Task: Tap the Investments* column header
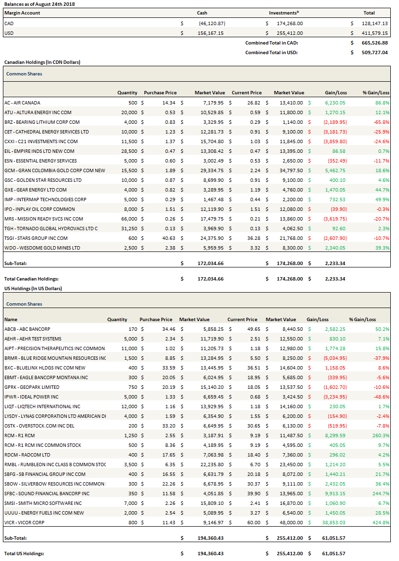point(284,13)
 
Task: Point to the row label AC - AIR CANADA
point(22,103)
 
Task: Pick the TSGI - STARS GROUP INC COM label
point(36,238)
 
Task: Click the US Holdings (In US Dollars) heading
point(33,288)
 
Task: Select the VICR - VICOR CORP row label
point(25,522)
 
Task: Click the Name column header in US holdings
point(11,319)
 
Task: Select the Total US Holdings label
point(24,553)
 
